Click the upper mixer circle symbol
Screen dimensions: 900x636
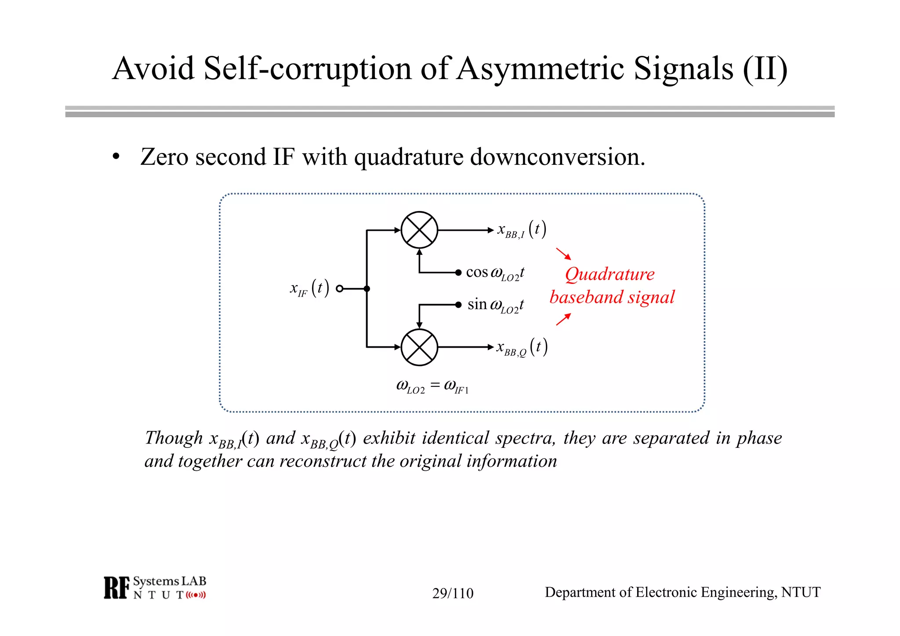(x=419, y=230)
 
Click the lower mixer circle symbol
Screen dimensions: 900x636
(x=419, y=347)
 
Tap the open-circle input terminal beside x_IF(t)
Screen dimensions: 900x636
(x=339, y=289)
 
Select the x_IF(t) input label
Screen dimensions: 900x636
(x=309, y=289)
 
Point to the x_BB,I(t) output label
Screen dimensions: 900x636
(x=522, y=230)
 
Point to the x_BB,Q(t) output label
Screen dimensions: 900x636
(x=522, y=347)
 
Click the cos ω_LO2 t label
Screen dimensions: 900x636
(x=495, y=273)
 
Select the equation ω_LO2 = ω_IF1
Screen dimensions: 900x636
(x=432, y=386)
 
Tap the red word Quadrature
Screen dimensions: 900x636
(x=610, y=274)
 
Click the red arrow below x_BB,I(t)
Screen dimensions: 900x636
(x=563, y=254)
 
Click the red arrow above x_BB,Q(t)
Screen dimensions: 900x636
(x=563, y=319)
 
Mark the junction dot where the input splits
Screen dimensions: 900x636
(x=367, y=289)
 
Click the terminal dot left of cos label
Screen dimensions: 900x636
(x=458, y=273)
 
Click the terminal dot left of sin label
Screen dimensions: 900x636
(x=458, y=305)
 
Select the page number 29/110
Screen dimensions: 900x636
(x=453, y=593)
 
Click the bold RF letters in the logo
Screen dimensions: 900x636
(x=117, y=588)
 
